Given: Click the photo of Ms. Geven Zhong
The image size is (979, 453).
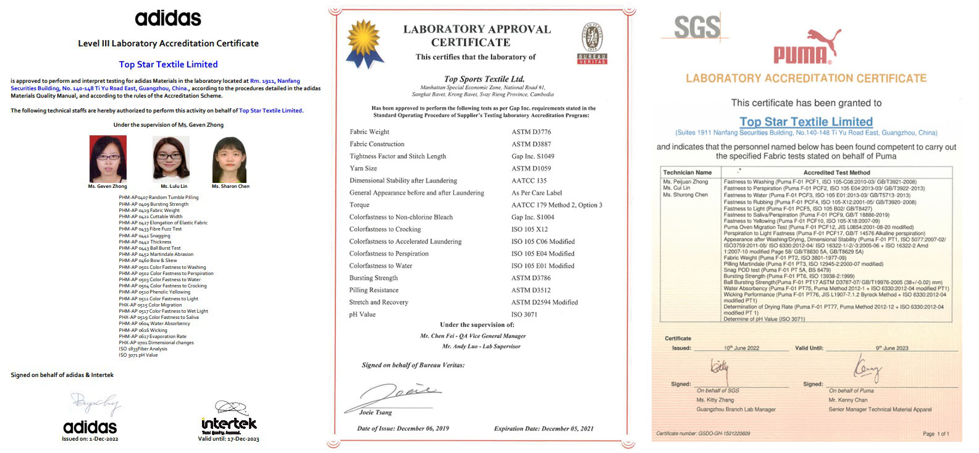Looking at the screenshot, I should click(108, 159).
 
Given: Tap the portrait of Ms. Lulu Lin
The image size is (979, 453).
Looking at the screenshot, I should click(171, 159).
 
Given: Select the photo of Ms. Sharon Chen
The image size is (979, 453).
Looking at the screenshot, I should click(230, 159).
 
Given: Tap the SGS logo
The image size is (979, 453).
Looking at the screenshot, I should click(697, 28).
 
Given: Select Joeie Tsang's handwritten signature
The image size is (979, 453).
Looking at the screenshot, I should click(399, 394).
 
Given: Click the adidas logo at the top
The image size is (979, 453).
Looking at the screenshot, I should click(168, 19).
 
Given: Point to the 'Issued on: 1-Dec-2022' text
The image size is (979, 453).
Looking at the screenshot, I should click(90, 439).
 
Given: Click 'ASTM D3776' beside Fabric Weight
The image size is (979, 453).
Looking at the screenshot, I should click(531, 132).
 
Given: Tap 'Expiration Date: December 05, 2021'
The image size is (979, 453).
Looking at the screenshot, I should click(544, 428).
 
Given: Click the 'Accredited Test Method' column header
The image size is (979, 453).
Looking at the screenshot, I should click(836, 172).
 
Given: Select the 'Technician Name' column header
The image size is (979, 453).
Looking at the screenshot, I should click(687, 172).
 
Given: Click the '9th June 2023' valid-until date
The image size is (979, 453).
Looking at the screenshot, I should click(892, 348).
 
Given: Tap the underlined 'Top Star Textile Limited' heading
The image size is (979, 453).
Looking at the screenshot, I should click(806, 122).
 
